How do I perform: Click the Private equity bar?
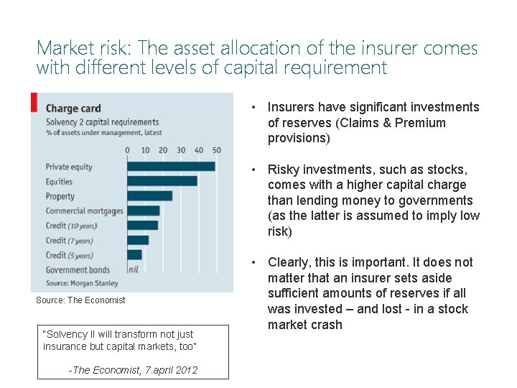click(x=171, y=167)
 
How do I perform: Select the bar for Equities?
click(x=162, y=181)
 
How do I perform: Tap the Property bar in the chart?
click(x=149, y=195)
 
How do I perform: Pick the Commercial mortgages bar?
click(x=144, y=211)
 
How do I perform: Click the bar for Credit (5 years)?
click(x=134, y=254)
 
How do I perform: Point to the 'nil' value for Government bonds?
click(x=134, y=269)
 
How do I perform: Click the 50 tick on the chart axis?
click(x=217, y=150)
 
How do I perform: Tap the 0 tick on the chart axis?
click(x=128, y=150)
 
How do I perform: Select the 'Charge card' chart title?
click(x=73, y=108)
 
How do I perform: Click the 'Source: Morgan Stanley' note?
click(x=82, y=283)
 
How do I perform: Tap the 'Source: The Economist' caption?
click(x=80, y=300)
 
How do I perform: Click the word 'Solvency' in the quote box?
click(x=67, y=334)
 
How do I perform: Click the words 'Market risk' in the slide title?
click(x=83, y=49)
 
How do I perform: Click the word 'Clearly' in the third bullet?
click(x=291, y=262)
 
